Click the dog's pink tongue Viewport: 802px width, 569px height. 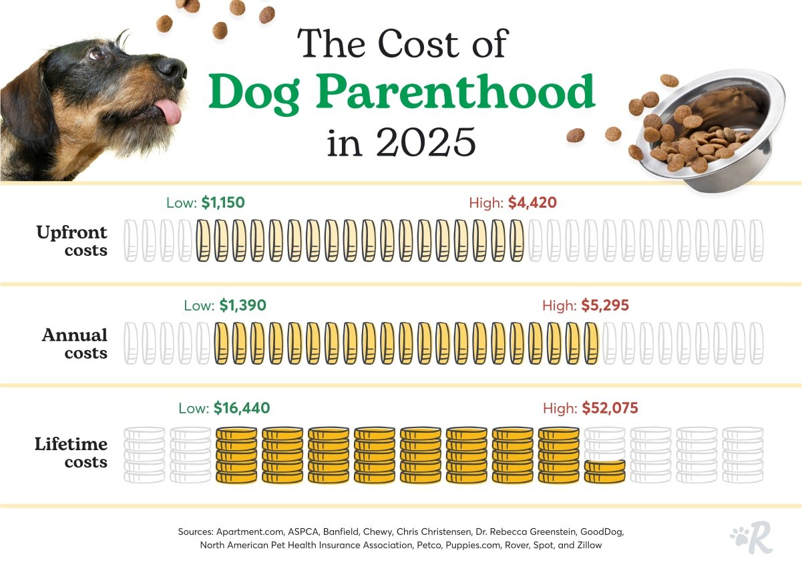(x=169, y=112)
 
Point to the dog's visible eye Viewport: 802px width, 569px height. (x=96, y=54)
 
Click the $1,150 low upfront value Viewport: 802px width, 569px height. (x=222, y=202)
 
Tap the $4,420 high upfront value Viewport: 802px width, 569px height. (x=532, y=202)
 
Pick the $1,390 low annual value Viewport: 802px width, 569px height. (x=242, y=305)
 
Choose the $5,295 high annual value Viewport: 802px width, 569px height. (x=604, y=305)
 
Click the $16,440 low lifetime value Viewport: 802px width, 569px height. (x=242, y=408)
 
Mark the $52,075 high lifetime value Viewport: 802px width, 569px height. (x=610, y=408)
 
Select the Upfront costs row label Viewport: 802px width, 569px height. (x=72, y=241)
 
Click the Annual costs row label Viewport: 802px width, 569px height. (x=75, y=344)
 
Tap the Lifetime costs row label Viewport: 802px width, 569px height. (x=71, y=452)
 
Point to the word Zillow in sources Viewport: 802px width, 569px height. (x=586, y=545)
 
